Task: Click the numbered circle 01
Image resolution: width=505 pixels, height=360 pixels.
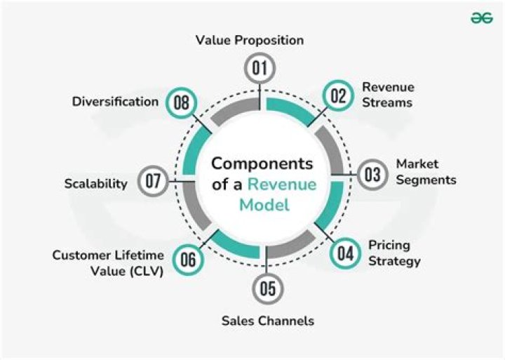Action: click(x=260, y=68)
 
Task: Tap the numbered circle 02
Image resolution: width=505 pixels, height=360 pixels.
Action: click(x=338, y=95)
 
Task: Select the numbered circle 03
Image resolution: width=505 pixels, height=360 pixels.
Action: click(x=372, y=173)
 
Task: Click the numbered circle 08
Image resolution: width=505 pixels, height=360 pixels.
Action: click(x=182, y=102)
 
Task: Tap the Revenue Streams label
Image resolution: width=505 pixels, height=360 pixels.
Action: click(x=388, y=94)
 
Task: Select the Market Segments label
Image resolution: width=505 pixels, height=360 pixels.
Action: click(x=426, y=172)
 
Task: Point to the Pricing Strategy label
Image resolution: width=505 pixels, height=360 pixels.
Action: click(x=394, y=253)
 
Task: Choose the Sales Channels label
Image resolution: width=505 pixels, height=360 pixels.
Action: click(x=268, y=321)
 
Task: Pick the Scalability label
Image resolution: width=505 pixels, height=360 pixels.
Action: click(x=96, y=184)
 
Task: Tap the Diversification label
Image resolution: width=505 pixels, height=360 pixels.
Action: click(x=115, y=102)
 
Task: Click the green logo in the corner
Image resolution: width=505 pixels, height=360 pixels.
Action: click(x=482, y=19)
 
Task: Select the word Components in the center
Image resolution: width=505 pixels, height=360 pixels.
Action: click(x=262, y=164)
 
